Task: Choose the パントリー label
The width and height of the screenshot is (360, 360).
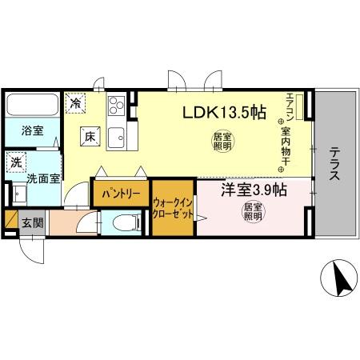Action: (x=121, y=194)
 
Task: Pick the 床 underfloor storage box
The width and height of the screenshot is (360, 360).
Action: (x=89, y=137)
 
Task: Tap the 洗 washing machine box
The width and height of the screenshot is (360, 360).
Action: (x=17, y=162)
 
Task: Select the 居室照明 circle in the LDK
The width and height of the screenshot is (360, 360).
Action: (x=223, y=142)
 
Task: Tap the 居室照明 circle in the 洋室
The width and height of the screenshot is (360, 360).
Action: (x=254, y=212)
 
